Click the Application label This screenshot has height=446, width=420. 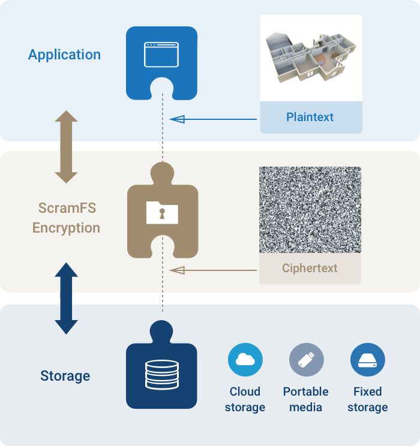(64, 55)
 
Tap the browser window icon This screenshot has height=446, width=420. (161, 55)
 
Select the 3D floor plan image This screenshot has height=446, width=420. (311, 58)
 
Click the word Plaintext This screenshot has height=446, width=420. (310, 117)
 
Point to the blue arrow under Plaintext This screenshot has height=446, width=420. (213, 119)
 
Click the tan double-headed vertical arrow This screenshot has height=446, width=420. (66, 147)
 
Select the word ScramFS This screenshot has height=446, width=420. (67, 208)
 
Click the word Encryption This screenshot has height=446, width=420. (66, 228)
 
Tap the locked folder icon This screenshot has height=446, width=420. (162, 212)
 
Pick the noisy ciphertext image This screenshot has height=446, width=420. (310, 210)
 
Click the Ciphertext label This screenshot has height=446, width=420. (310, 268)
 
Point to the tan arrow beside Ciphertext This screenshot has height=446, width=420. (213, 270)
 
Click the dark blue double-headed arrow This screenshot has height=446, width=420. (66, 299)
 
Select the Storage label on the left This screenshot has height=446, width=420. (65, 376)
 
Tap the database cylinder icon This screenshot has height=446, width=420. (162, 374)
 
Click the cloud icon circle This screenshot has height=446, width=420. (245, 360)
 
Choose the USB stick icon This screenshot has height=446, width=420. (307, 360)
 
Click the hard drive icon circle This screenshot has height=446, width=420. (368, 360)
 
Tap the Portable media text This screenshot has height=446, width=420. (306, 399)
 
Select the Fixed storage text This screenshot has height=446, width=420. (368, 399)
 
